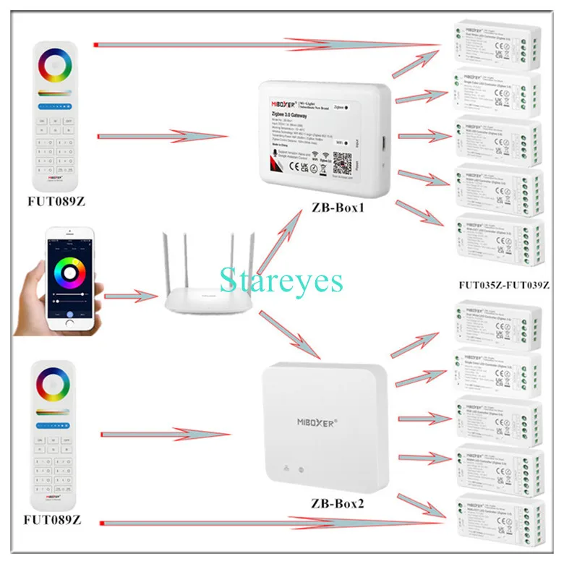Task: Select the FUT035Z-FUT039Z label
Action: click(x=503, y=285)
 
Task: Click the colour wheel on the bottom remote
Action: click(x=52, y=386)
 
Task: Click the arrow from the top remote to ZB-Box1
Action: click(x=159, y=134)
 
